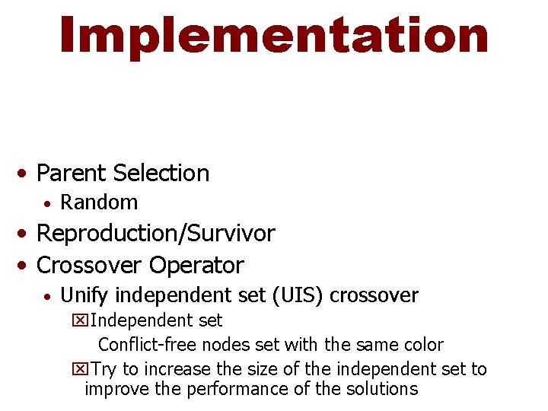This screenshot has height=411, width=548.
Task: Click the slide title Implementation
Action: [274, 36]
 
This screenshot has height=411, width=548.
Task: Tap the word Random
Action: [99, 202]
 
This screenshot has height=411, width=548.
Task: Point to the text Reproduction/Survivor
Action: [155, 234]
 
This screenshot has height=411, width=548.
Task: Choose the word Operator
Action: [196, 266]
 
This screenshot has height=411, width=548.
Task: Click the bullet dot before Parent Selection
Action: [25, 174]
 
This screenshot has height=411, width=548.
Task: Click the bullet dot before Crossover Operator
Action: [25, 266]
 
